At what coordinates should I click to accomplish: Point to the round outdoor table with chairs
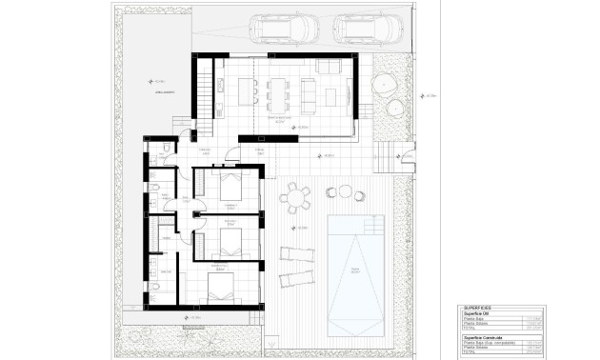pyautogui.click(x=295, y=198)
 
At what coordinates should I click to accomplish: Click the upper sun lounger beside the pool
pyautogui.click(x=296, y=254)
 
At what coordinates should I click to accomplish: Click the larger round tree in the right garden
pyautogui.click(x=386, y=86)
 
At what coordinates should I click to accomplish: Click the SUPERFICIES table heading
pyautogui.click(x=478, y=309)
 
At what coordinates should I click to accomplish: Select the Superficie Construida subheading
pyautogui.click(x=486, y=336)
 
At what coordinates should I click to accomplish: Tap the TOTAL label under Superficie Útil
pyautogui.click(x=470, y=329)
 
